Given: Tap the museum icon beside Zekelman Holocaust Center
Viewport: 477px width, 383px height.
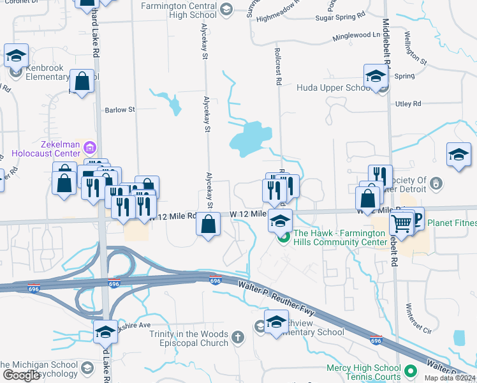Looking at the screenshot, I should pos(90,149).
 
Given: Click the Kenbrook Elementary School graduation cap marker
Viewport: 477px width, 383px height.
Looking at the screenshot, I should pos(16,56).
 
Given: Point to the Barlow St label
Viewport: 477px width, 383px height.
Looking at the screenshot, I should pos(121,110).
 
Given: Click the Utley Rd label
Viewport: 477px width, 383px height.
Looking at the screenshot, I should pos(408,103).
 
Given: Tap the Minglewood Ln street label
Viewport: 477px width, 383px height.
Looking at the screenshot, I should pos(356,35).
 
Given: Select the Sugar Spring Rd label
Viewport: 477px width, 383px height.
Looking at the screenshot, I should pos(341,13).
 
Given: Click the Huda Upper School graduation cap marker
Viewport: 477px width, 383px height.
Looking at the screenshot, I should pos(376,77).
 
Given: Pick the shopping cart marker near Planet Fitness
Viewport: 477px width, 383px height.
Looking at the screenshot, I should pos(402,223).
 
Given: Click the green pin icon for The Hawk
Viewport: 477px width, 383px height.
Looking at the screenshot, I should pos(284,238).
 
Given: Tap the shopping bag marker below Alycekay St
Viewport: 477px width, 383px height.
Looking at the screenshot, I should pos(209,225).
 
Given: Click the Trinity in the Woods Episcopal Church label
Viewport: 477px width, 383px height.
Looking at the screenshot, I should pos(189,338).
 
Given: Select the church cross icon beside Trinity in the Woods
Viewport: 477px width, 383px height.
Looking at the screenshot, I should pos(238,336).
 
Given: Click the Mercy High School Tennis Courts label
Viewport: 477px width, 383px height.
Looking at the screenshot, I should pos(363,372).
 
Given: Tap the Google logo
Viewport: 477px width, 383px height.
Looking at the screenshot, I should pos(21,375).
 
